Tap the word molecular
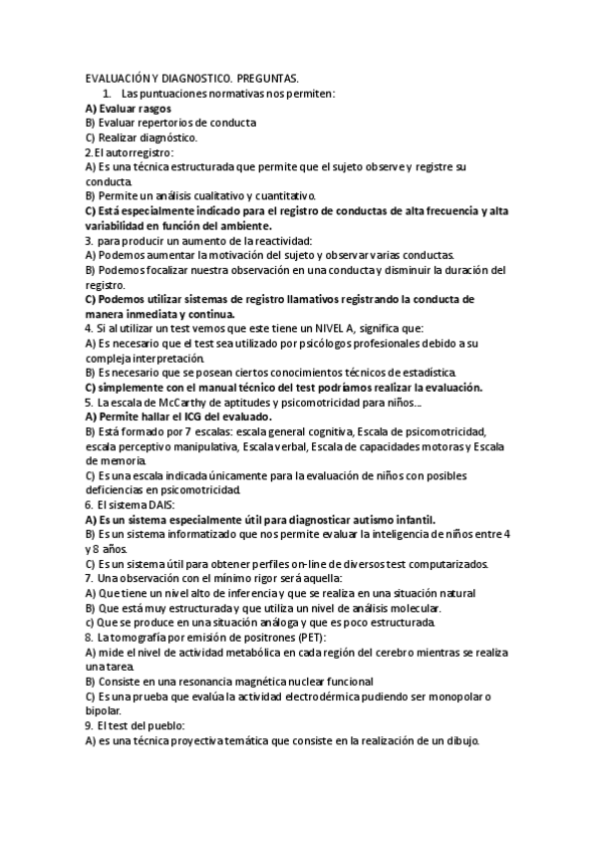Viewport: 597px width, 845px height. [409, 608]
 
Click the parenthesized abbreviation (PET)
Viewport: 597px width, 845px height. [309, 638]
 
